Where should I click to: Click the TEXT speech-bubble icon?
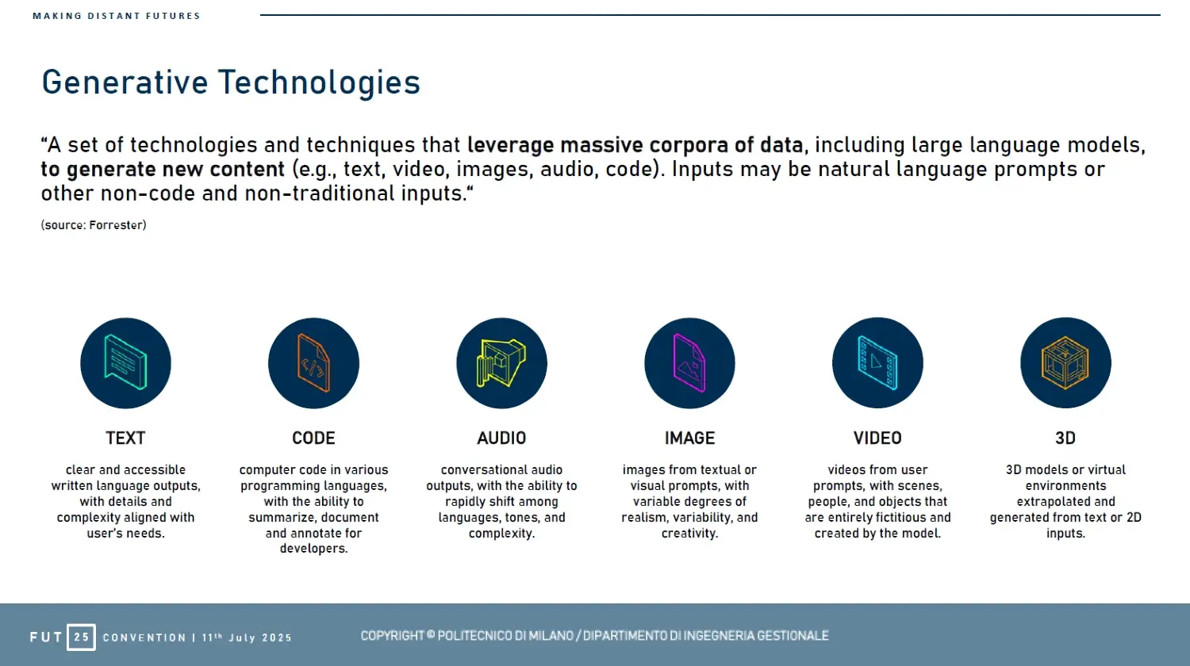(x=125, y=363)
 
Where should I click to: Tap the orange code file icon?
(x=313, y=363)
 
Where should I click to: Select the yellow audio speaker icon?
(x=501, y=363)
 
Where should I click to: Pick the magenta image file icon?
(x=689, y=363)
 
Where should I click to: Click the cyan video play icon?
(x=877, y=363)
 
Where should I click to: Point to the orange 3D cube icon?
(x=1065, y=363)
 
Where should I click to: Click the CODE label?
(x=313, y=438)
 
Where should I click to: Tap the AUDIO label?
(x=501, y=438)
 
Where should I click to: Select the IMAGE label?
(x=689, y=438)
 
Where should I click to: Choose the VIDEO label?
(x=877, y=438)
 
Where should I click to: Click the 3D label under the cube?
(x=1065, y=438)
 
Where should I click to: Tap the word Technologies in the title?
(x=319, y=82)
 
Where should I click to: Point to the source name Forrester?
(x=116, y=225)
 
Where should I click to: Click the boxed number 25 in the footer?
(x=81, y=637)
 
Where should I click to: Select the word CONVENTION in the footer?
(x=144, y=637)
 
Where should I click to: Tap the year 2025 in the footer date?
(x=277, y=637)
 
